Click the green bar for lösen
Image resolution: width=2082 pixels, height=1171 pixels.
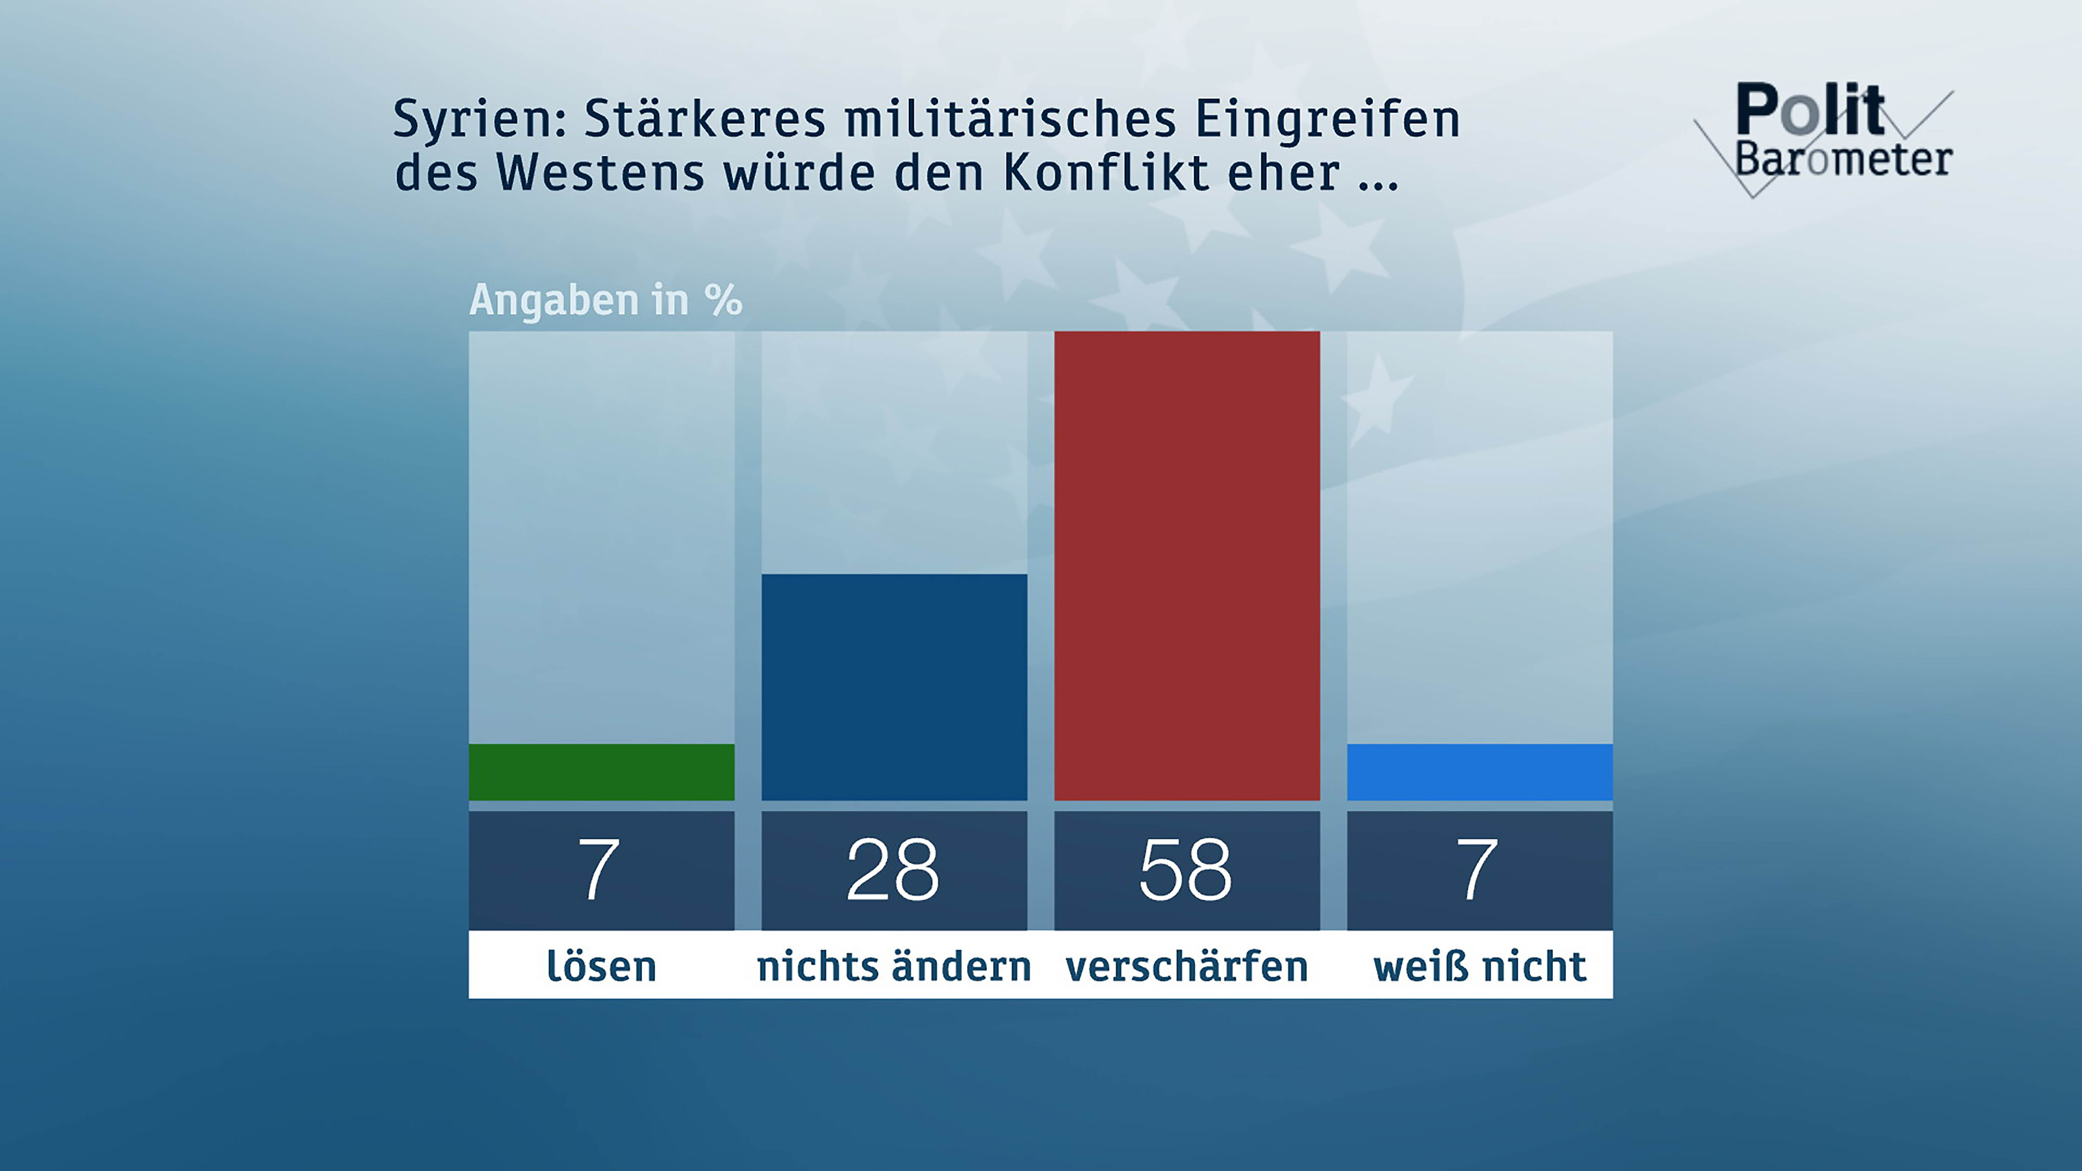[601, 772]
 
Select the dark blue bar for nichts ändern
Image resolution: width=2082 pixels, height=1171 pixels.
[894, 687]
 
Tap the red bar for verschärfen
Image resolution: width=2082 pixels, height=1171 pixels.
[1186, 566]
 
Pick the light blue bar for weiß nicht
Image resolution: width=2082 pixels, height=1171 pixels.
[1479, 772]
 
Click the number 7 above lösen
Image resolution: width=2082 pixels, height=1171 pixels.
[599, 870]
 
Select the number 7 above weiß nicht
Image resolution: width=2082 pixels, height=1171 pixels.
[1478, 870]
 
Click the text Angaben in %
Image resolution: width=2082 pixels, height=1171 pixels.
[605, 301]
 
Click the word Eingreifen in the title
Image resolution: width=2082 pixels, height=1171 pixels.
[1327, 120]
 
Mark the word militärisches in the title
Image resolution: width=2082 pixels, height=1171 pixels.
[1010, 120]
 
